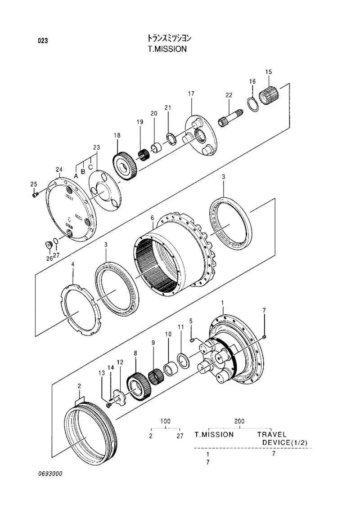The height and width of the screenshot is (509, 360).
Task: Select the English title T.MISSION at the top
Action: point(167,49)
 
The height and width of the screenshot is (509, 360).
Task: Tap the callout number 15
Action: point(269,72)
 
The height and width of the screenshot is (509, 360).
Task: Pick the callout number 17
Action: point(191,94)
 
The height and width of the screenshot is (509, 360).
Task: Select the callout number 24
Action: point(58,169)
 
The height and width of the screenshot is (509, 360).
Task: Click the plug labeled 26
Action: point(47,244)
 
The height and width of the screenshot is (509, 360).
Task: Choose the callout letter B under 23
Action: point(83,171)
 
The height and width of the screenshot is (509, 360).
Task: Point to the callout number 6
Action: point(152,218)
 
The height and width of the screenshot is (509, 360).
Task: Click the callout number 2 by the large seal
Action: point(79,386)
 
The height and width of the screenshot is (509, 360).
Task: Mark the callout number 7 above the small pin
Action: point(264,310)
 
